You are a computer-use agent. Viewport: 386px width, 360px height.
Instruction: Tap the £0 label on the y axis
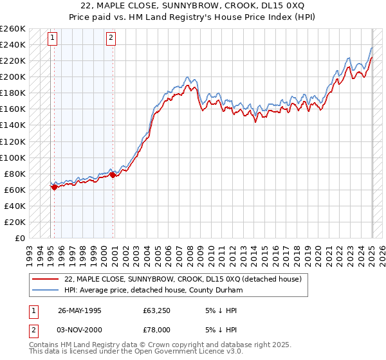(x=20, y=238)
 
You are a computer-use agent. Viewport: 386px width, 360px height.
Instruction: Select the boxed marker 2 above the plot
(x=111, y=38)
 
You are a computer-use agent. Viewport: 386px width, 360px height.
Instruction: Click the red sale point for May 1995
(x=54, y=187)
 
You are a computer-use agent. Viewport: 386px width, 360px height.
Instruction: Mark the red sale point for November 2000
(x=113, y=175)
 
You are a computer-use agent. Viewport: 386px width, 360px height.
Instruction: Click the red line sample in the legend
(x=44, y=280)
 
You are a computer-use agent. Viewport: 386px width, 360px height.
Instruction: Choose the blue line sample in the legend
(x=44, y=291)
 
